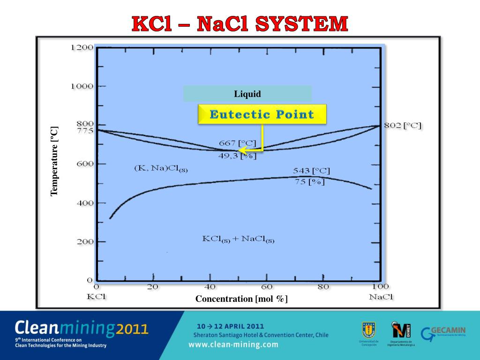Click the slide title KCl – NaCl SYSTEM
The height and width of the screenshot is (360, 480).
pos(240,24)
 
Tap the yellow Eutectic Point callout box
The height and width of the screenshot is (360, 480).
pos(262,114)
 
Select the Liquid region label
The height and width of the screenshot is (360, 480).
pos(247,94)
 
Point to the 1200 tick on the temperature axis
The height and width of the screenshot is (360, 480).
pos(82,47)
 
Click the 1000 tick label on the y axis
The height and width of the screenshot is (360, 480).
pos(82,86)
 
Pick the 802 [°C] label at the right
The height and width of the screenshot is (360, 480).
pos(403,126)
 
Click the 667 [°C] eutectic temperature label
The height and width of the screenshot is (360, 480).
pos(238,142)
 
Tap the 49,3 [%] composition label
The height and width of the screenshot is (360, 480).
pos(237,156)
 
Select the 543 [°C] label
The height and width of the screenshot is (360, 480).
pos(311,171)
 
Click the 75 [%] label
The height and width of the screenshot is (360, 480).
pos(309,182)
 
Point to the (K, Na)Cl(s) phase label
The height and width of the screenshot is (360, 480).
pos(161,168)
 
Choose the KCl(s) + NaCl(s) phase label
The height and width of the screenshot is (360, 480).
pos(238,239)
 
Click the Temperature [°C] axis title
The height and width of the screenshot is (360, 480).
pos(54,161)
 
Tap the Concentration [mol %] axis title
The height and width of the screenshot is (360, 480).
pos(241,299)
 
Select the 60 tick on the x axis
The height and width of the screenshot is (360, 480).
pos(266,287)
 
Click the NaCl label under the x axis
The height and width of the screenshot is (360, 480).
pos(381,297)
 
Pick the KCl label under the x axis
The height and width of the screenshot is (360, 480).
pos(97,297)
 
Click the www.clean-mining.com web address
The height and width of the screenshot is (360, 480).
pos(233,345)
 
